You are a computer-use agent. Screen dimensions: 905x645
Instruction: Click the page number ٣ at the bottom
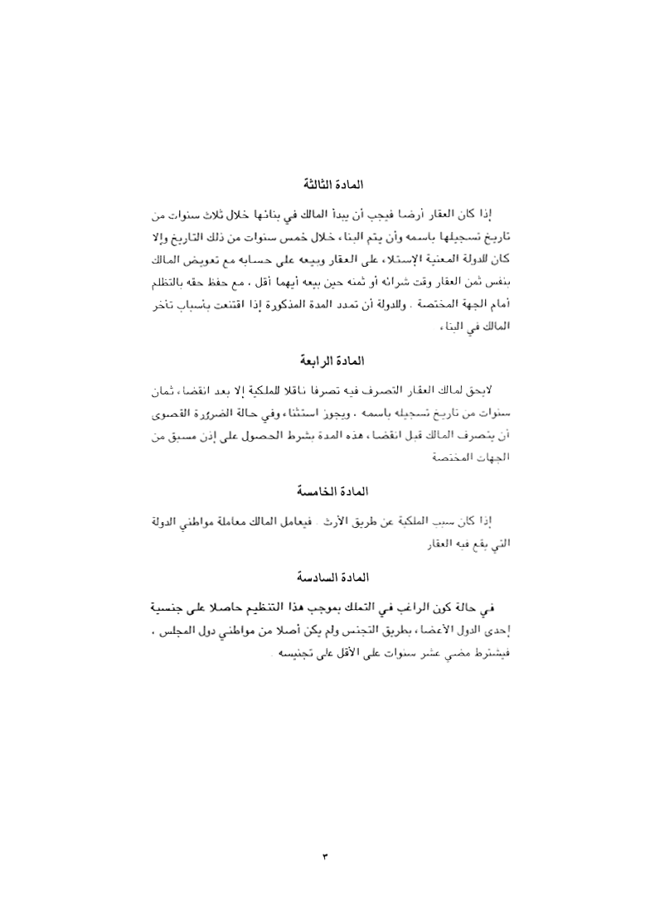pos(324,854)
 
